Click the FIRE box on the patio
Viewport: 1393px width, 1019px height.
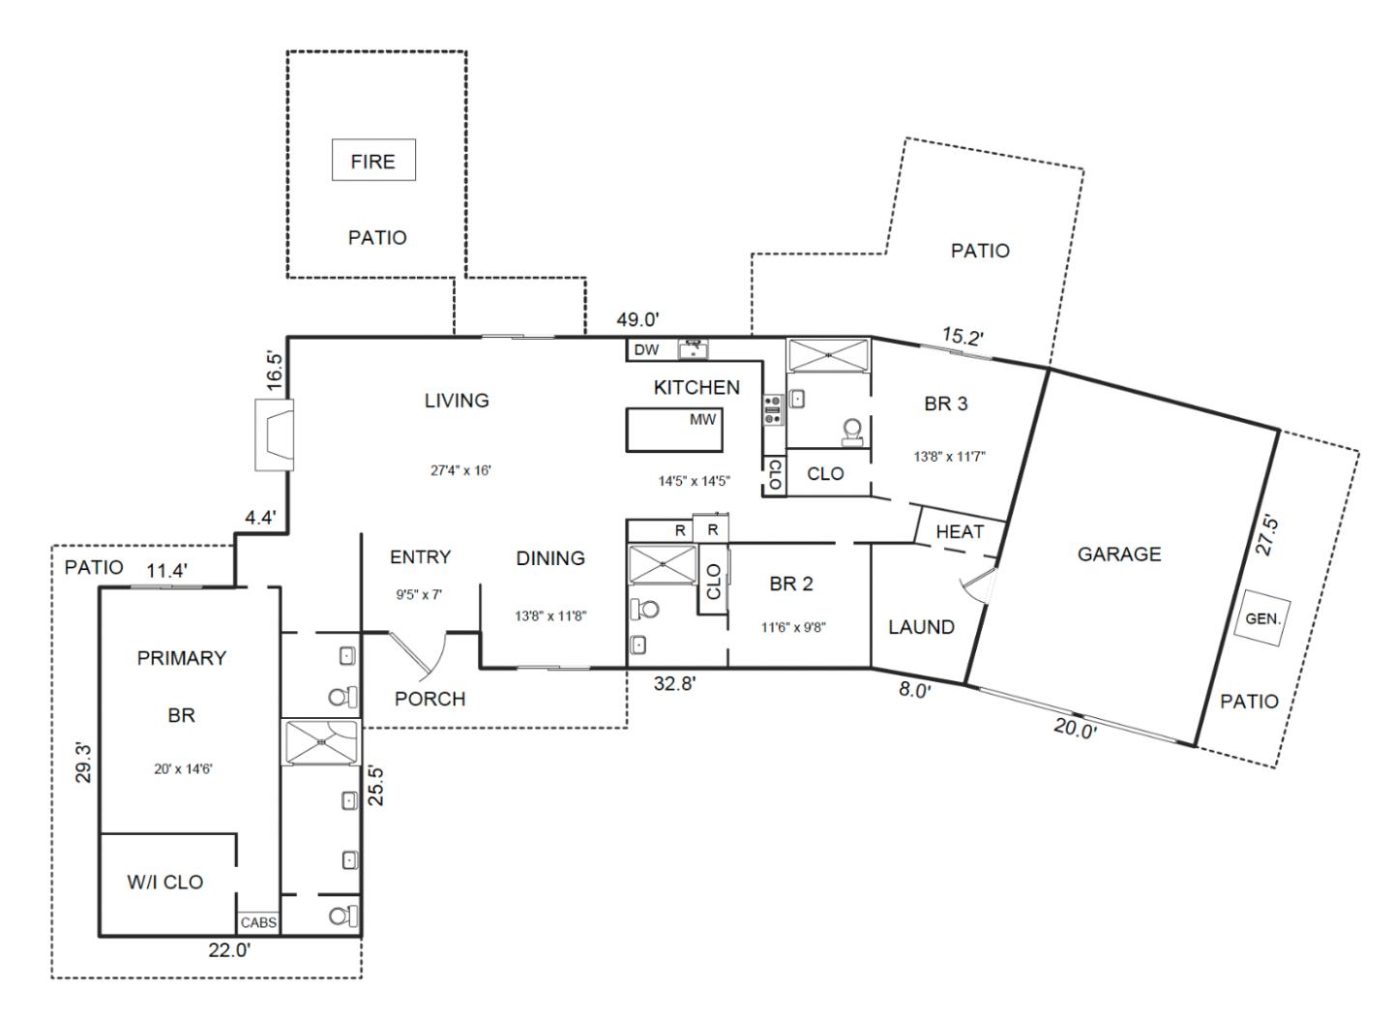(373, 161)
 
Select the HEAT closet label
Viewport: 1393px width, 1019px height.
(960, 531)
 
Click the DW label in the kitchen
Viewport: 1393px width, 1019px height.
(646, 349)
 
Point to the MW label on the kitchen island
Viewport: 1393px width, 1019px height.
(702, 420)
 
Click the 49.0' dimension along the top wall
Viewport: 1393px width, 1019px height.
(638, 320)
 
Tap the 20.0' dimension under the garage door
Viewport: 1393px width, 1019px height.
(1075, 730)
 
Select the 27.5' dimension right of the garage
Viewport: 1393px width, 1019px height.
(1266, 535)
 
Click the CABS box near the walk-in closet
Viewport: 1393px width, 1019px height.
(258, 923)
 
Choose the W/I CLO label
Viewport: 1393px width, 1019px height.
(165, 882)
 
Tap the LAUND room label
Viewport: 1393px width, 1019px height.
(921, 627)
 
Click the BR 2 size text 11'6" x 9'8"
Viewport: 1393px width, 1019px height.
(793, 627)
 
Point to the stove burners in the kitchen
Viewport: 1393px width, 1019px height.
(773, 410)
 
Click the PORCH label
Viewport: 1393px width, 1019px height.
(430, 699)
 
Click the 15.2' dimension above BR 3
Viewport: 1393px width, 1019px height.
(963, 337)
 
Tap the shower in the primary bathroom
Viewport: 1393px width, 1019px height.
(320, 743)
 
